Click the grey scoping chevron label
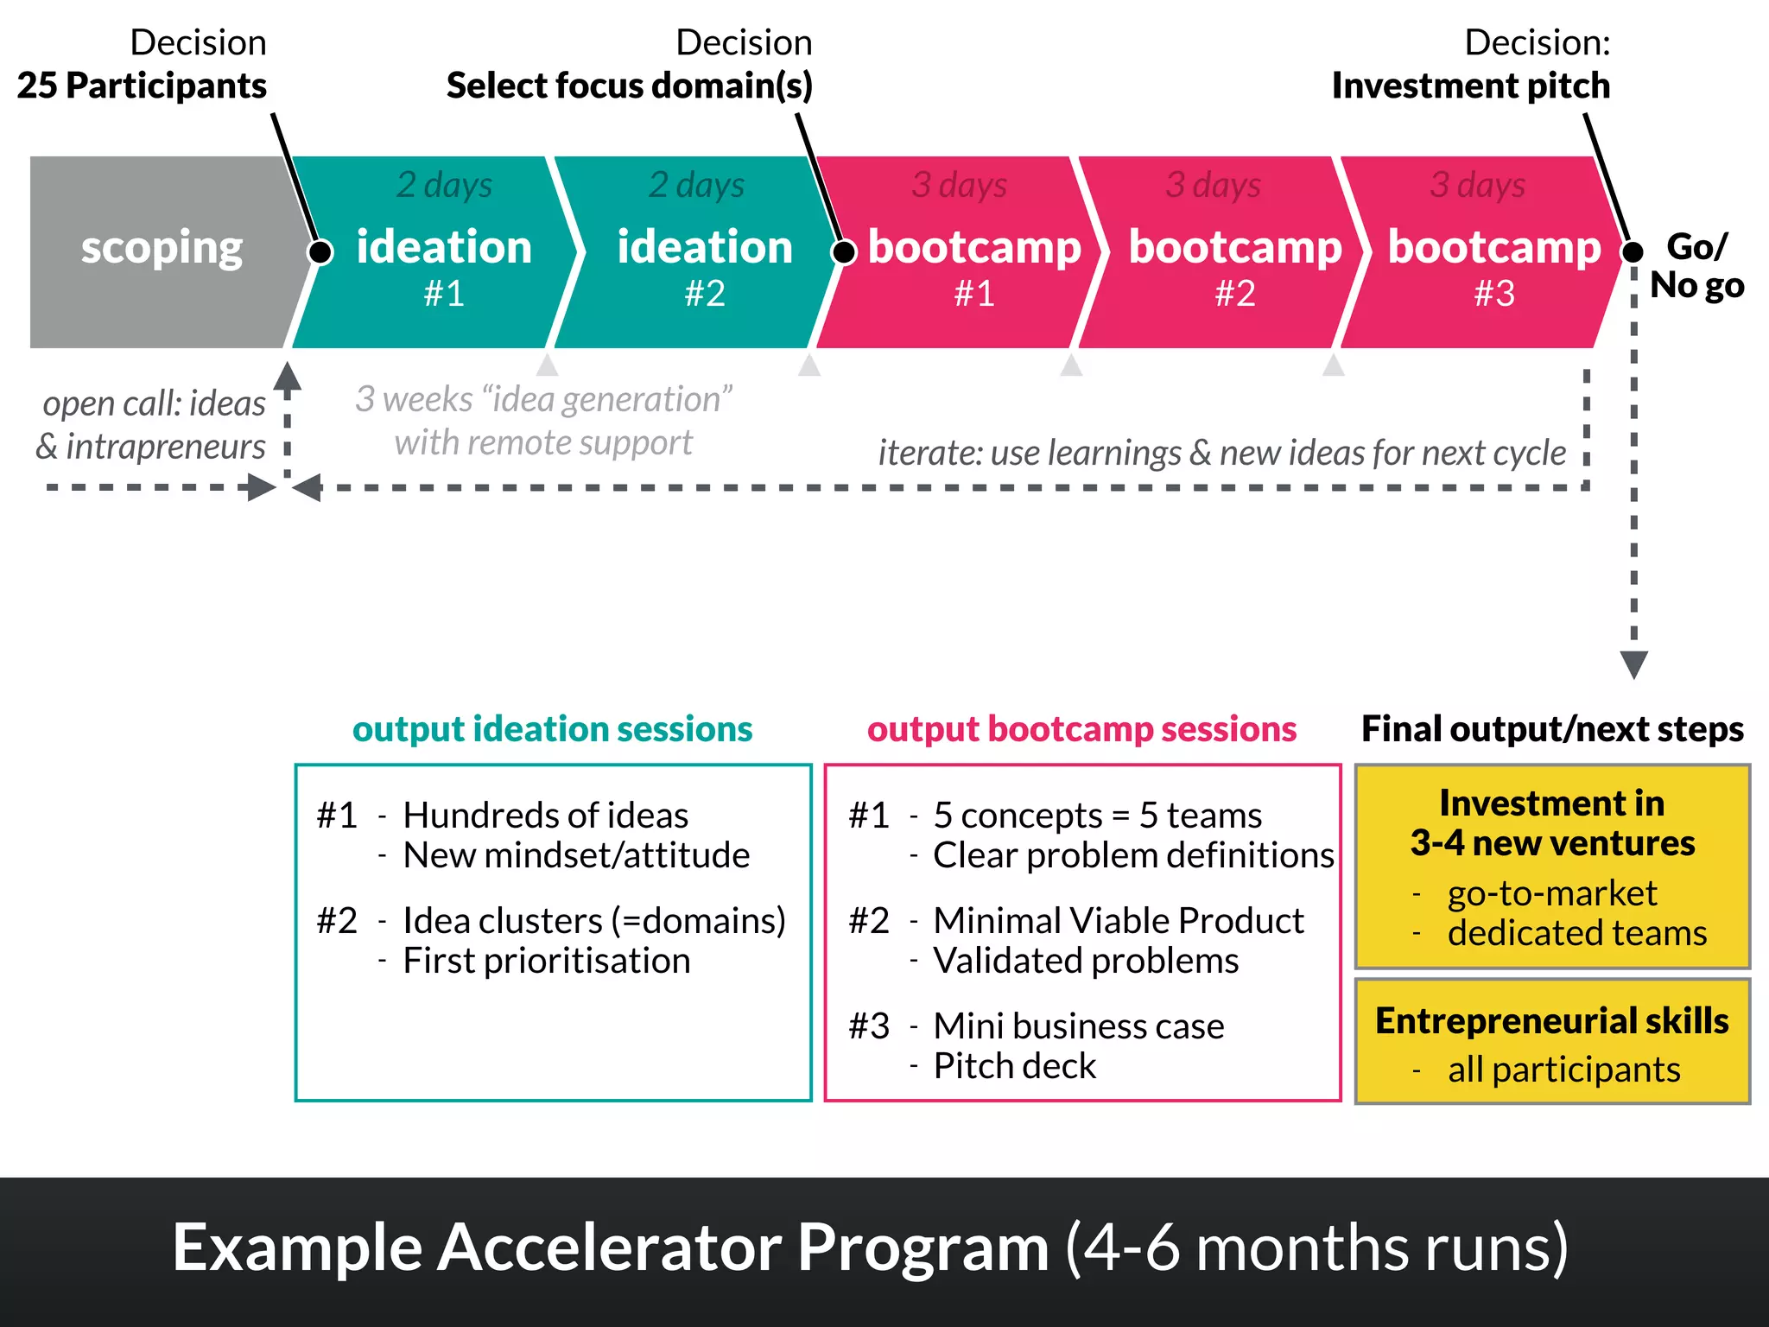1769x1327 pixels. [162, 249]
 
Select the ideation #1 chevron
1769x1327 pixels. [443, 259]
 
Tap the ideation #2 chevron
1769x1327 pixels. [704, 259]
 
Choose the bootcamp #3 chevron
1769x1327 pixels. [1493, 259]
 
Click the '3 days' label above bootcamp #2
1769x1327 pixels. [1213, 185]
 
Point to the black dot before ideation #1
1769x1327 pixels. [320, 252]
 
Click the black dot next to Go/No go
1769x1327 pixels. [1632, 252]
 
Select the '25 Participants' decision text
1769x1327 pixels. [142, 86]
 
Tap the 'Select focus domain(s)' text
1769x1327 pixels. [629, 86]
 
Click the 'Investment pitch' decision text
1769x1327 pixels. [1470, 86]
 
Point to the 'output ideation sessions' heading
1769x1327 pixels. [552, 729]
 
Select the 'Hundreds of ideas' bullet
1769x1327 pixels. [545, 816]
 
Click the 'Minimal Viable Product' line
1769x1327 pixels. [1118, 921]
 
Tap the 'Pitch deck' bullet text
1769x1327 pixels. [1014, 1066]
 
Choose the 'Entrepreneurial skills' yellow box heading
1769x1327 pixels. [1551, 1021]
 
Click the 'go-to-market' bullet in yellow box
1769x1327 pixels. [1551, 893]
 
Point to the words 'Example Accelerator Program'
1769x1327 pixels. [610, 1248]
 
